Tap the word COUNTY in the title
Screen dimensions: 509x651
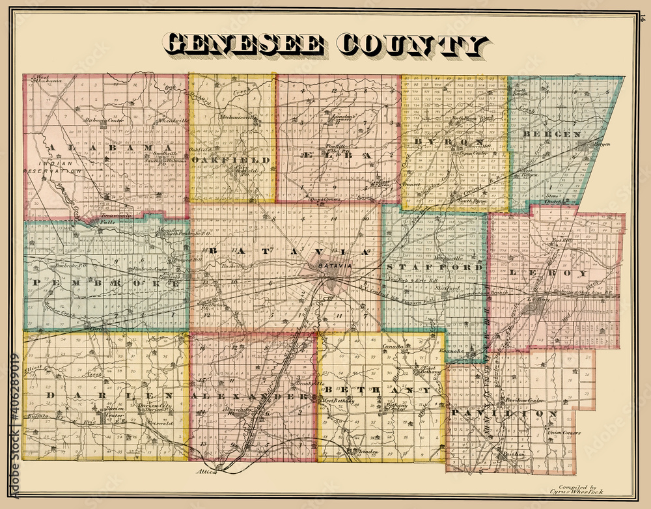pyautogui.click(x=413, y=45)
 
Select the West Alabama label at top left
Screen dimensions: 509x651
pyautogui.click(x=48, y=80)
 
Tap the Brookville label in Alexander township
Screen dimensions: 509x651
pyautogui.click(x=306, y=383)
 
